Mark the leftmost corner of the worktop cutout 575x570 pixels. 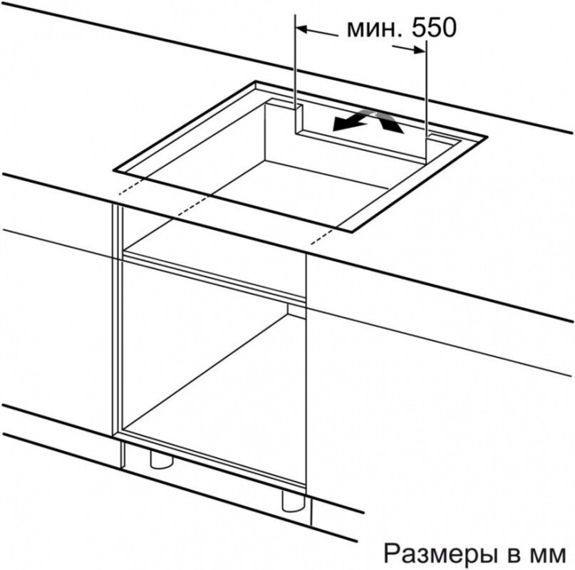click(x=114, y=170)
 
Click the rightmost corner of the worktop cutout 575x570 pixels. click(x=487, y=137)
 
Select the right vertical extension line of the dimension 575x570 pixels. click(x=425, y=85)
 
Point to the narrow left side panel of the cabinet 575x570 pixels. click(x=117, y=321)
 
